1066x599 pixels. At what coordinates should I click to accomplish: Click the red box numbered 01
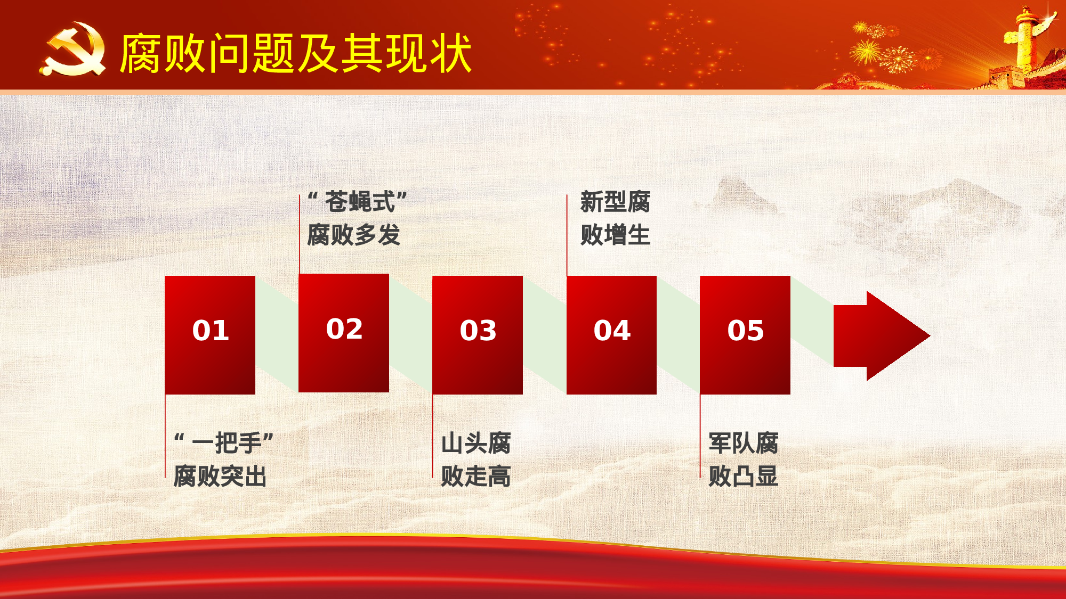pyautogui.click(x=210, y=335)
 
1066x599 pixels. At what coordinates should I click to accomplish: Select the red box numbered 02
pyautogui.click(x=344, y=333)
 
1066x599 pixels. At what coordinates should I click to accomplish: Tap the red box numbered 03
pyautogui.click(x=478, y=335)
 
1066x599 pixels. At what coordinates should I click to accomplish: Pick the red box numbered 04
pyautogui.click(x=611, y=335)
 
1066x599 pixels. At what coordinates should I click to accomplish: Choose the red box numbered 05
pyautogui.click(x=745, y=335)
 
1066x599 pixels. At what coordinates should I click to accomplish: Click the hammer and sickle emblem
pyautogui.click(x=74, y=49)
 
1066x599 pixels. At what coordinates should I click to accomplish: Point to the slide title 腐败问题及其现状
pyautogui.click(x=296, y=53)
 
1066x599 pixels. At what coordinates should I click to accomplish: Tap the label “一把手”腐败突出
pyautogui.click(x=223, y=459)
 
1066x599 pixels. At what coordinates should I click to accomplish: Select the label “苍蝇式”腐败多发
pyautogui.click(x=356, y=218)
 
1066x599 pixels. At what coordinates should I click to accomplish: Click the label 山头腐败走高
pyautogui.click(x=476, y=459)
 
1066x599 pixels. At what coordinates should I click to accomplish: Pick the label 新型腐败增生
pyautogui.click(x=615, y=218)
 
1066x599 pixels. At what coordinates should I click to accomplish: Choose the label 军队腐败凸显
pyautogui.click(x=744, y=459)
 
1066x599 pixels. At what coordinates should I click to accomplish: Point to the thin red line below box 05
pyautogui.click(x=700, y=437)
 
